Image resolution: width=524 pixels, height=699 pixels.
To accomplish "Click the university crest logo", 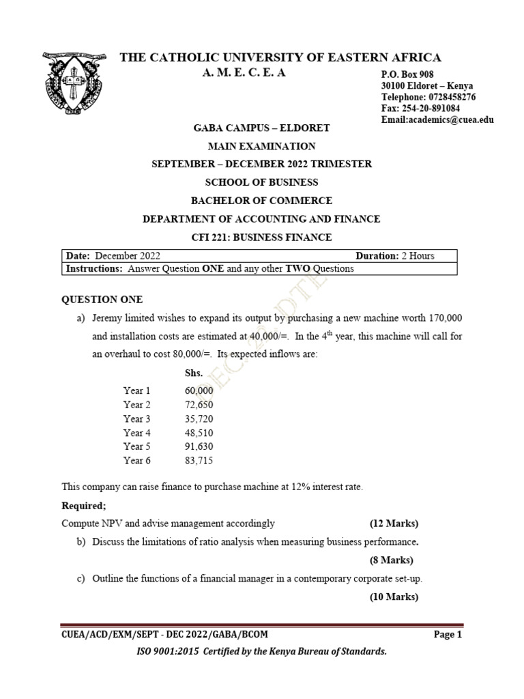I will [73, 84].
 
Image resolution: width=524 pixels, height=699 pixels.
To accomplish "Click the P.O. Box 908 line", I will [407, 74].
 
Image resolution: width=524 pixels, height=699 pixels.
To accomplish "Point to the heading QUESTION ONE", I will [102, 299].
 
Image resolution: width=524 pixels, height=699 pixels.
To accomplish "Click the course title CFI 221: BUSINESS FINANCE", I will [261, 237].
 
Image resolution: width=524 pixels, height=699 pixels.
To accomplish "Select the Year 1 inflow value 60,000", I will [199, 390].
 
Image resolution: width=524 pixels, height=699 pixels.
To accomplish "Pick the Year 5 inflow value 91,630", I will [199, 446].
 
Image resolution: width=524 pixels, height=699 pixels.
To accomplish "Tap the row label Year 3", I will [137, 418].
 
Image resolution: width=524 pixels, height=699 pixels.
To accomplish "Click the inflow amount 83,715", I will [199, 461].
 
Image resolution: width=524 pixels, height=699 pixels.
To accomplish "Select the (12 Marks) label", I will [394, 524].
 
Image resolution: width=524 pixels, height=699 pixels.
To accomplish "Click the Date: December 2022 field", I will [113, 256].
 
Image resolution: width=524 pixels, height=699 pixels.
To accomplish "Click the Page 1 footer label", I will [448, 634].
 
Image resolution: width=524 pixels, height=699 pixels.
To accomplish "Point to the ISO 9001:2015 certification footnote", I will [261, 652].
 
